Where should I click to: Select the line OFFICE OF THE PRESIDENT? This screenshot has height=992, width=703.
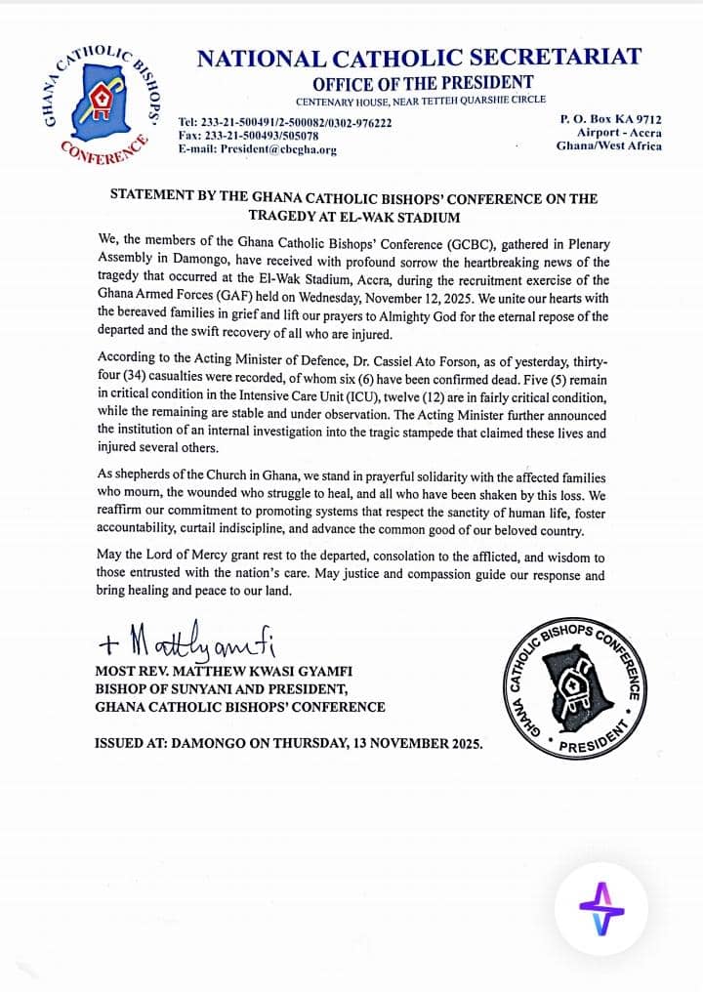pyautogui.click(x=423, y=83)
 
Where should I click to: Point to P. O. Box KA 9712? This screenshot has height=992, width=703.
pyautogui.click(x=610, y=119)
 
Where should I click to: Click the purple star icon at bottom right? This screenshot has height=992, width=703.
pyautogui.click(x=601, y=909)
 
